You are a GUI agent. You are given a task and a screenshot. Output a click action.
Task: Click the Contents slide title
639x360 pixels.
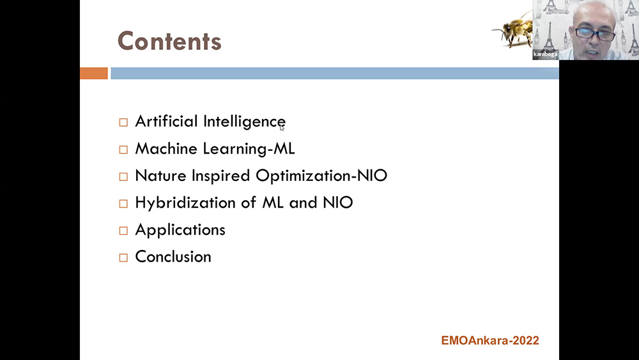[169, 41]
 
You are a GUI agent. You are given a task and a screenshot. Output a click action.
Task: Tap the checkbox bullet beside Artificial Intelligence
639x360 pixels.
[123, 122]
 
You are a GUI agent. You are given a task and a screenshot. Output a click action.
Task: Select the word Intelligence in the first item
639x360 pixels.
[244, 122]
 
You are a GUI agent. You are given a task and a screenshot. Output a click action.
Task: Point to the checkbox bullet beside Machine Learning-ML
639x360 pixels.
[123, 150]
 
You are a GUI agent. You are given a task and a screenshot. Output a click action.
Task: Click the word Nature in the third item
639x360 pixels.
[160, 175]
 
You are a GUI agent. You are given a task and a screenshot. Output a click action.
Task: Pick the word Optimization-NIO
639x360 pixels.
[321, 176]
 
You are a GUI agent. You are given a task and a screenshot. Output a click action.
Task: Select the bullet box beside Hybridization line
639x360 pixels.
[123, 203]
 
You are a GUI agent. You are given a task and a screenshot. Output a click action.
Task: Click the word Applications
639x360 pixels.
[180, 230]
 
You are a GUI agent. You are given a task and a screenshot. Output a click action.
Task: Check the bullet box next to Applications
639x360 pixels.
[123, 231]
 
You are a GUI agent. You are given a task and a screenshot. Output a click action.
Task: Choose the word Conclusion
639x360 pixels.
[173, 256]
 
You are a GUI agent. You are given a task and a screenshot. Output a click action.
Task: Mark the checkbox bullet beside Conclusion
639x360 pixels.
[123, 258]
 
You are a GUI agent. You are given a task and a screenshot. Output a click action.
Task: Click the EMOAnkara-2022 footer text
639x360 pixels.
[490, 340]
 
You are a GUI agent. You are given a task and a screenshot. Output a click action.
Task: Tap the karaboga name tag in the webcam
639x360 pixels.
[545, 54]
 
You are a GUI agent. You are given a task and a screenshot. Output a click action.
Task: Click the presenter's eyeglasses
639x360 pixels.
[595, 34]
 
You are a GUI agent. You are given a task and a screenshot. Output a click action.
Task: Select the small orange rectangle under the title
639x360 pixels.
[94, 74]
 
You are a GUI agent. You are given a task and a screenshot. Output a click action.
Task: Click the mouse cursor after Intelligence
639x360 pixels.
[282, 128]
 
